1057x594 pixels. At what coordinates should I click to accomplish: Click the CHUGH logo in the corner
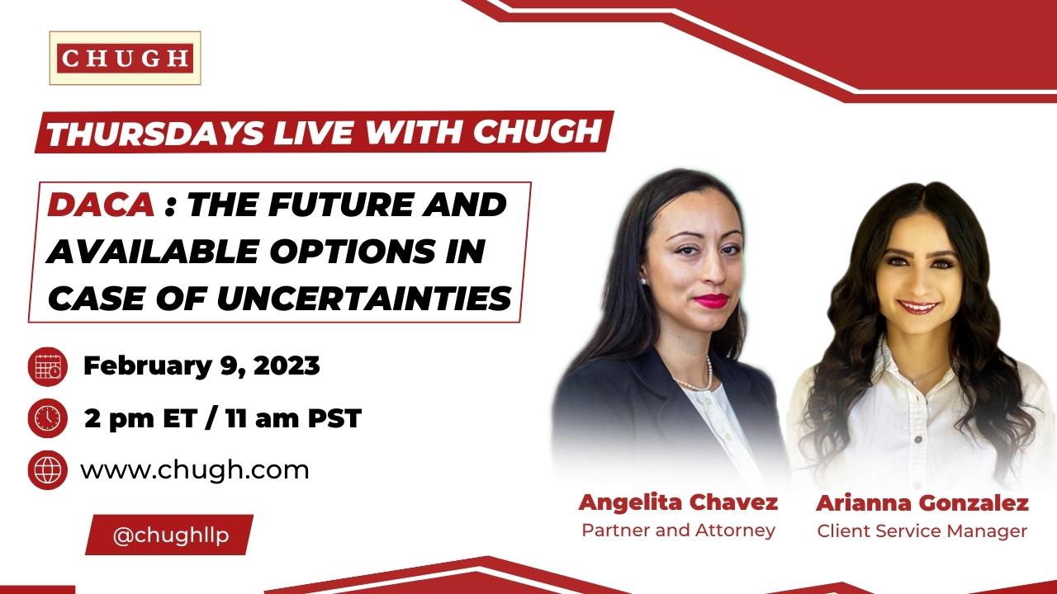click(x=125, y=58)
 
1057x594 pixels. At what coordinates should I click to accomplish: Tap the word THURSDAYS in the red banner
click(x=155, y=133)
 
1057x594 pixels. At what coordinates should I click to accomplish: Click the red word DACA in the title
click(x=102, y=205)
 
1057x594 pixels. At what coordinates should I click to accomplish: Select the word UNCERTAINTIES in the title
click(x=364, y=298)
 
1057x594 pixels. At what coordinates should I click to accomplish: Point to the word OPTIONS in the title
click(x=353, y=251)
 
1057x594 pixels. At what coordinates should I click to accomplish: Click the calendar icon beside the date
click(x=48, y=367)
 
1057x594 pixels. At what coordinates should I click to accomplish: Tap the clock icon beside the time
click(x=48, y=418)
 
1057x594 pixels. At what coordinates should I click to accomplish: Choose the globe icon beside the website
click(x=48, y=470)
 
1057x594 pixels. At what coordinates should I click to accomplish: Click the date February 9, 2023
click(x=201, y=366)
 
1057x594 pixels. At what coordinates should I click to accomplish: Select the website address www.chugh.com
click(x=195, y=470)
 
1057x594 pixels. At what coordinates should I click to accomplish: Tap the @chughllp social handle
click(x=170, y=535)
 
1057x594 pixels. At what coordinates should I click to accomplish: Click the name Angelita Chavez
click(x=678, y=502)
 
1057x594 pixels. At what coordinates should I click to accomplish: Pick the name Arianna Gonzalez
click(x=922, y=503)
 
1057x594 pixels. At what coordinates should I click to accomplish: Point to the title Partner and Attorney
click(x=678, y=530)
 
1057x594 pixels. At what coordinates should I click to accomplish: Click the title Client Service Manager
click(x=922, y=531)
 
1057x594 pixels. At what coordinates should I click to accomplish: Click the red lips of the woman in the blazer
click(x=711, y=300)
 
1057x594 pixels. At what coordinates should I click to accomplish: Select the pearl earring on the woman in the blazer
click(x=642, y=282)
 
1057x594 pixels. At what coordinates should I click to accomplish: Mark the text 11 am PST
click(x=293, y=418)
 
